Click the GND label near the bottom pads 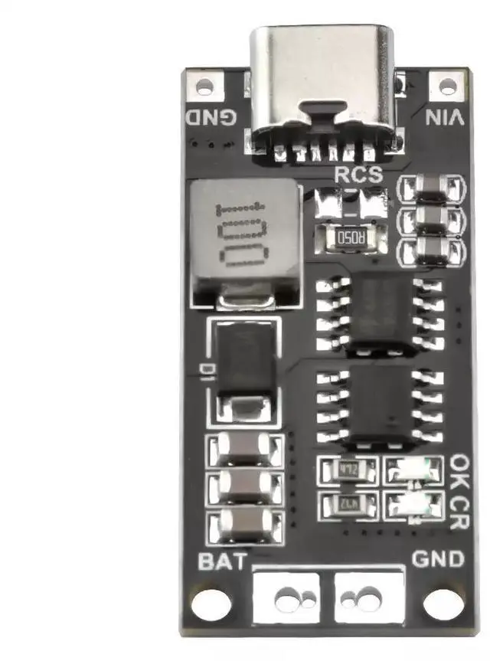438,559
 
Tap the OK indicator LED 413,468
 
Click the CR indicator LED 414,503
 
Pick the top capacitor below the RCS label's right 433,187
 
